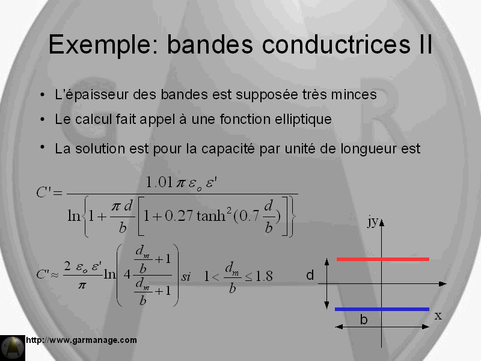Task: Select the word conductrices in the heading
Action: (336, 44)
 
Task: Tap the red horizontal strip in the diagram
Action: (383, 259)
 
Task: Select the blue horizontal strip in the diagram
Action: (382, 309)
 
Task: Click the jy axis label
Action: (373, 221)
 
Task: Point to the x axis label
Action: (438, 316)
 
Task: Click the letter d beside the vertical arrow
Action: (310, 275)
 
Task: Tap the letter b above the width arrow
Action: (364, 320)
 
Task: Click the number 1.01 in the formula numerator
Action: (159, 182)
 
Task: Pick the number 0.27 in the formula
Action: (179, 216)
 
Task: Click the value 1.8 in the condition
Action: (264, 276)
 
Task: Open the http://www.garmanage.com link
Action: (81, 340)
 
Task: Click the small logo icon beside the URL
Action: (13, 348)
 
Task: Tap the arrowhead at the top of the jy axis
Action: (382, 223)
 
